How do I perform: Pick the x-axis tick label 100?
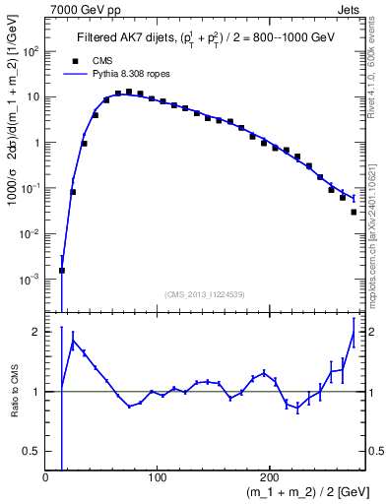pyautogui.click(x=156, y=477)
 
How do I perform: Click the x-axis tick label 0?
pyautogui.click(x=46, y=477)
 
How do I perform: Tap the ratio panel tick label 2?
pyautogui.click(x=34, y=332)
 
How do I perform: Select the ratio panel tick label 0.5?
pyautogui.click(x=32, y=451)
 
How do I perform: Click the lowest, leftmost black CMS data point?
pyautogui.click(x=62, y=270)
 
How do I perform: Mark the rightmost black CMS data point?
pyautogui.click(x=354, y=212)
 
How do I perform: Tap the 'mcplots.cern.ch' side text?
pyautogui.click(x=378, y=261)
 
